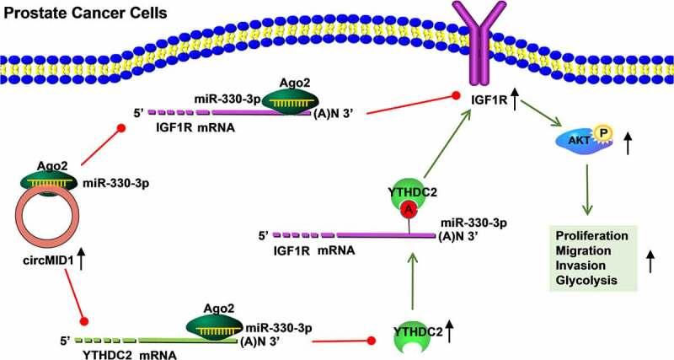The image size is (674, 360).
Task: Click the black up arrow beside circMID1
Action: click(x=82, y=260)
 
